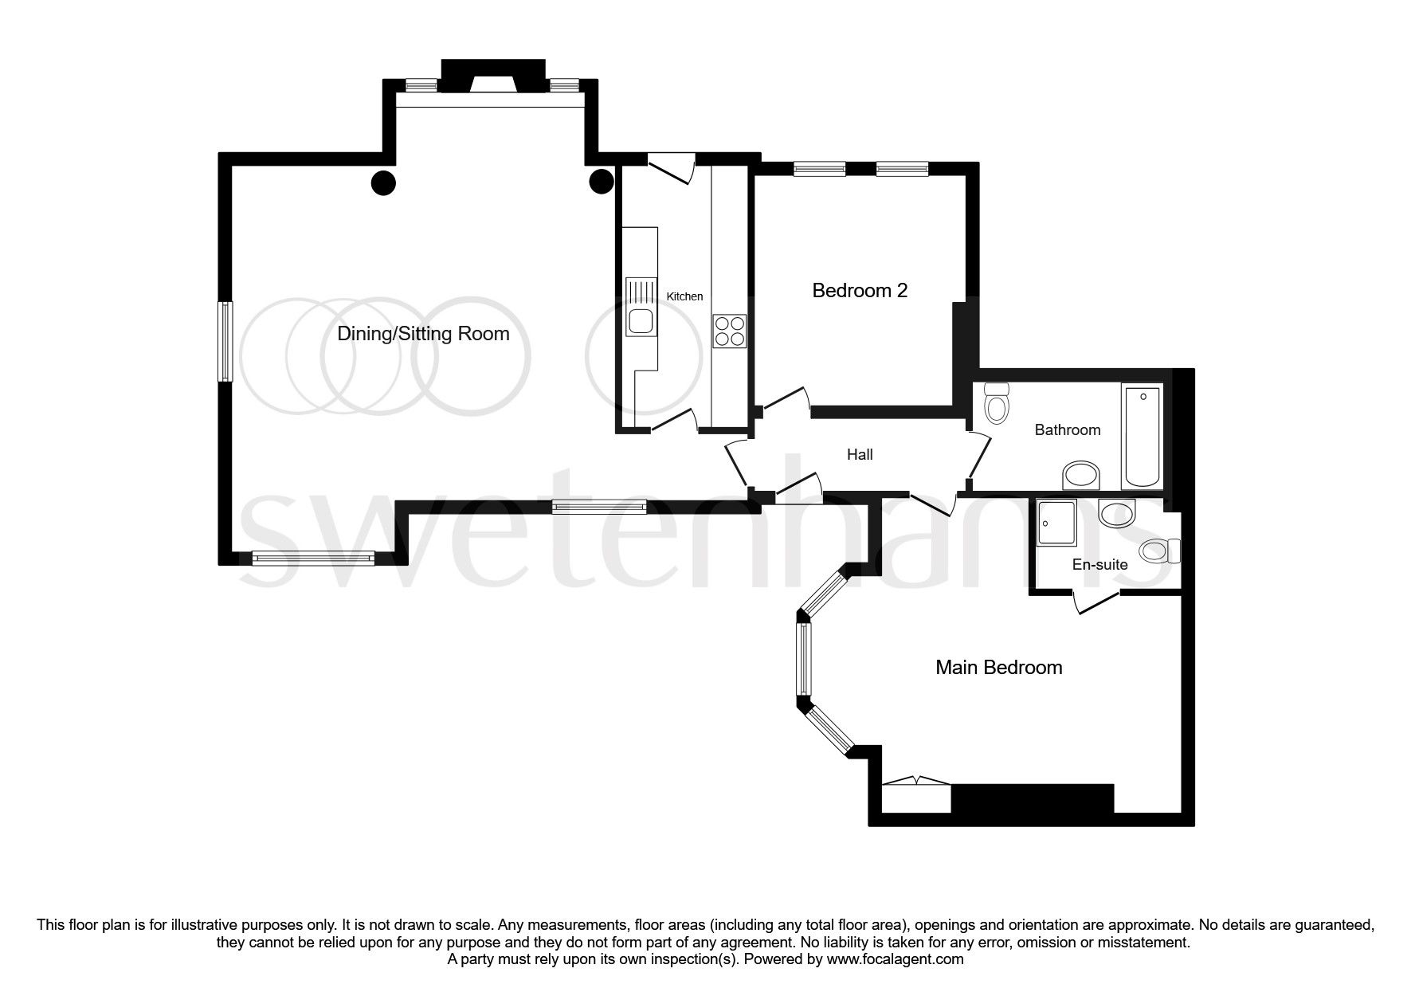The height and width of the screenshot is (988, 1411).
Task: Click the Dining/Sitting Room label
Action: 423,333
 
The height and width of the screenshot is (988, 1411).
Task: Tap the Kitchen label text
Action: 684,296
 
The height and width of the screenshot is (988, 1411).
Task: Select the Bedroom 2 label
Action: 860,291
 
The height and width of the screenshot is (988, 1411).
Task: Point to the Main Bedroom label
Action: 998,667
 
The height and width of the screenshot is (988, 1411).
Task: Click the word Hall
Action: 860,455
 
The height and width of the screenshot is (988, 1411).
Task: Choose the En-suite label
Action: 1099,565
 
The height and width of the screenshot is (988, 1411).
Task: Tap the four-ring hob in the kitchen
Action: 730,331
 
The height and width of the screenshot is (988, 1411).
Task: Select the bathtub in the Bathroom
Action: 1141,436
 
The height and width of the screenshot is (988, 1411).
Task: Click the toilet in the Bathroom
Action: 996,404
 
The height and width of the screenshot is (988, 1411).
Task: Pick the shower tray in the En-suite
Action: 1056,523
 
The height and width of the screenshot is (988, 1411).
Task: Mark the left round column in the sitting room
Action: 383,183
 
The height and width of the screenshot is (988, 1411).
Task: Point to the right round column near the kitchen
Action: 601,182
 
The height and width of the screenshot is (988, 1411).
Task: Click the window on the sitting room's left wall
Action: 226,341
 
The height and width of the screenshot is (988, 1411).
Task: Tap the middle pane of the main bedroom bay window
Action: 803,659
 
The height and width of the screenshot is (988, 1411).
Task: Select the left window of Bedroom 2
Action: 819,168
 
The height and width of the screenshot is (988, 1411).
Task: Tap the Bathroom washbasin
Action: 1080,476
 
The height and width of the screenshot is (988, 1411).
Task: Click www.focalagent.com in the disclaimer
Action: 895,960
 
